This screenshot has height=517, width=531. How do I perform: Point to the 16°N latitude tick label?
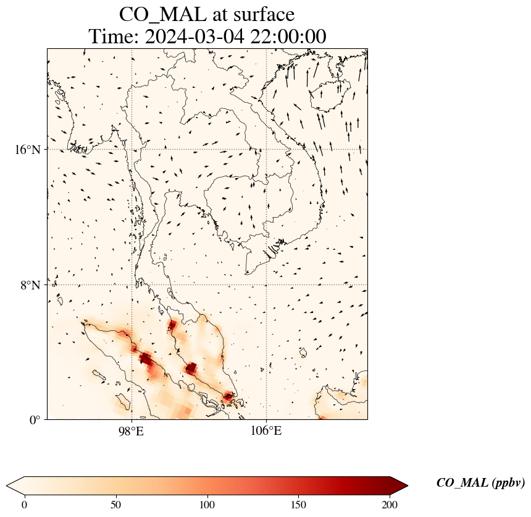[28, 150]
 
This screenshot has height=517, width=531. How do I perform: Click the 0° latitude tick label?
[35, 421]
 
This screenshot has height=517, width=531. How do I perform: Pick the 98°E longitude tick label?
[132, 431]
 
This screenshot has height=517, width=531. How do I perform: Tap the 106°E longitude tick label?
[266, 431]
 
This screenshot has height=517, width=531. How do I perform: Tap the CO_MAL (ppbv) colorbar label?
[480, 484]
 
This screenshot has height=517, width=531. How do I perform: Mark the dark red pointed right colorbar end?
[399, 485]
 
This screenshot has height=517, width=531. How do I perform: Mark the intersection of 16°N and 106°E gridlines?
[266, 150]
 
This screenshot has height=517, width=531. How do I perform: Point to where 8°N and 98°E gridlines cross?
[132, 285]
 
